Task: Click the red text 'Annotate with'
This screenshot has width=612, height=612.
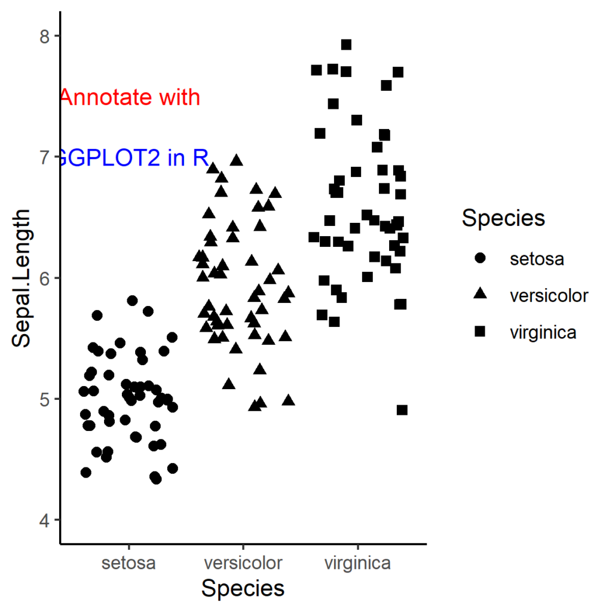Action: pyautogui.click(x=130, y=97)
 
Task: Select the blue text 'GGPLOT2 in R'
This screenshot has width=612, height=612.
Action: pyautogui.click(x=131, y=158)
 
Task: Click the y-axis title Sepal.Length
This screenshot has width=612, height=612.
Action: pyautogui.click(x=23, y=278)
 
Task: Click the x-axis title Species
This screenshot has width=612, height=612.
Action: pyautogui.click(x=243, y=589)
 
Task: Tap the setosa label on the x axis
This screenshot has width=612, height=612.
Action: pyautogui.click(x=128, y=563)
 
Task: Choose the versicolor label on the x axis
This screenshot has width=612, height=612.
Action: pyautogui.click(x=243, y=563)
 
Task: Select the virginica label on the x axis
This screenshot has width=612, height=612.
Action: pyautogui.click(x=357, y=563)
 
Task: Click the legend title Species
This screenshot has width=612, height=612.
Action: pyautogui.click(x=503, y=218)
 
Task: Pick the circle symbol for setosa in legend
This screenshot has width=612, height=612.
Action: pyautogui.click(x=480, y=259)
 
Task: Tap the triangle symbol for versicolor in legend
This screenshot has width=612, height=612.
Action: pyautogui.click(x=480, y=295)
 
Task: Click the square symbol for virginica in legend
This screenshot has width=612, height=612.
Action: pyautogui.click(x=480, y=332)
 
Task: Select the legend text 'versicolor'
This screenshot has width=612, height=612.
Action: pyautogui.click(x=549, y=296)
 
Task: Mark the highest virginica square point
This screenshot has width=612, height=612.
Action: pyautogui.click(x=346, y=45)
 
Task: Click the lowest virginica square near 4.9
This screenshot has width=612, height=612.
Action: pyautogui.click(x=402, y=410)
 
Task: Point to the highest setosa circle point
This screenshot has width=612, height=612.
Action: pyautogui.click(x=133, y=300)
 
